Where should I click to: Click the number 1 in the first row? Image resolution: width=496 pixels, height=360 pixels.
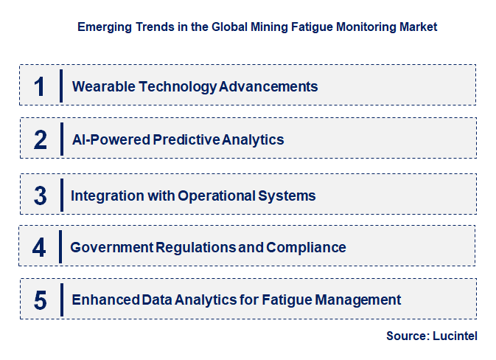click(x=40, y=86)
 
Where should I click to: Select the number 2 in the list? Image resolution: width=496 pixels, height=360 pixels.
click(x=40, y=139)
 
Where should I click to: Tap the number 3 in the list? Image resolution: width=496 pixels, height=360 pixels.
click(x=40, y=195)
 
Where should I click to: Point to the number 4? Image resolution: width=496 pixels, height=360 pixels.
click(x=39, y=247)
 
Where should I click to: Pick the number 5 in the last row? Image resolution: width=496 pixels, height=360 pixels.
click(x=41, y=300)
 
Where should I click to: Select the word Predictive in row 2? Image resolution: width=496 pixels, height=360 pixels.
click(x=186, y=139)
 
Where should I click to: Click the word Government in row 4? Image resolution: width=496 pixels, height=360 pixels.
click(x=111, y=247)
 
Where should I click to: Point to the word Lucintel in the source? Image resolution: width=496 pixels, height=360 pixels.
click(x=455, y=336)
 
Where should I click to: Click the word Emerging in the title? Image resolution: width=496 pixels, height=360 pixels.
click(x=104, y=27)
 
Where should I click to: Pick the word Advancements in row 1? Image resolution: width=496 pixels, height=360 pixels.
click(x=269, y=86)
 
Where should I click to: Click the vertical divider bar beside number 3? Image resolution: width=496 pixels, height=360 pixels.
click(x=62, y=195)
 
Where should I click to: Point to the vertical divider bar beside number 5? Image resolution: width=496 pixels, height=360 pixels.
click(x=62, y=300)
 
